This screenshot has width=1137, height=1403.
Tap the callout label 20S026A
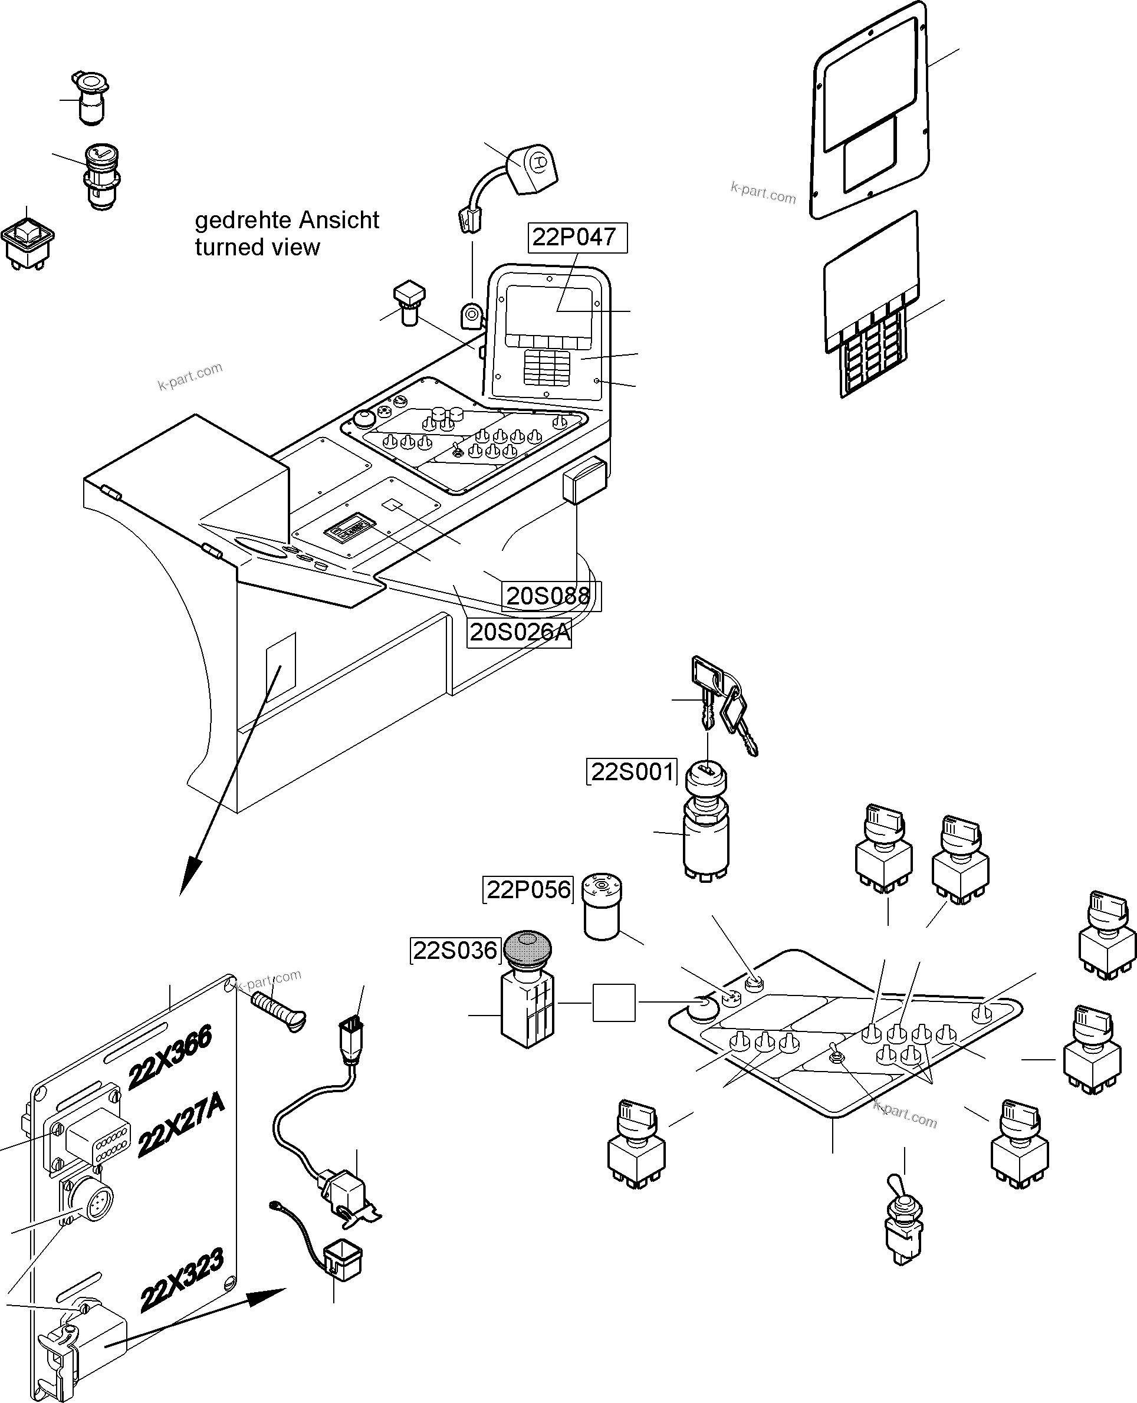point(520,632)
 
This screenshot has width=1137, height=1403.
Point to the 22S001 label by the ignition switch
point(632,772)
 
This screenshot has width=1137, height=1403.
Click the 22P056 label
point(528,889)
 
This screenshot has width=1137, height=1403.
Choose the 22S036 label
point(455,951)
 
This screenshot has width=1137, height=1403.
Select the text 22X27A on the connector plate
point(181,1125)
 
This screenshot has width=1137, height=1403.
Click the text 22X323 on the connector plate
point(182,1280)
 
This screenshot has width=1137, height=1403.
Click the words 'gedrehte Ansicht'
point(287,220)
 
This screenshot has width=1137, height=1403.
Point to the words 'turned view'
point(257,248)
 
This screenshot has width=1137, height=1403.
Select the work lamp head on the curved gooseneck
point(533,168)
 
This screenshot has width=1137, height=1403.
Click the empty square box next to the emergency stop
point(614,1002)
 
